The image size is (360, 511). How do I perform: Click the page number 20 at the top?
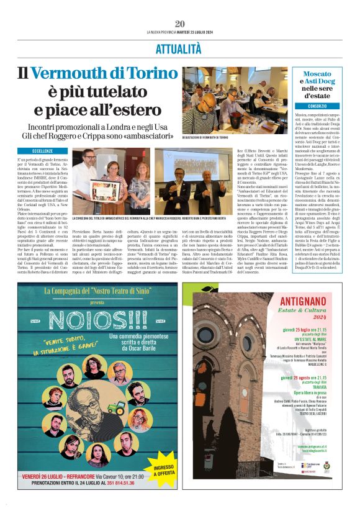[180, 24]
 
